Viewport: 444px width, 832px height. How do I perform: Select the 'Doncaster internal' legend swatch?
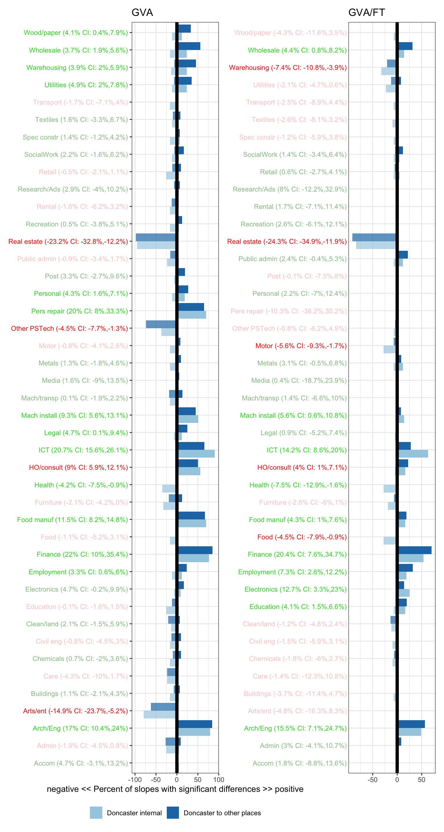(x=96, y=813)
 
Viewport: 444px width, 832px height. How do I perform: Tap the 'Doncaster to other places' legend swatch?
(x=173, y=813)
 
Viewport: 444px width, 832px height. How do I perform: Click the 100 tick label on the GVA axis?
(x=219, y=779)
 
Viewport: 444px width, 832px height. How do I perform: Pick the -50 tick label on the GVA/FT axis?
(x=372, y=779)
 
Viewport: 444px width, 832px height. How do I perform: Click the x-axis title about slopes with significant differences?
(x=175, y=789)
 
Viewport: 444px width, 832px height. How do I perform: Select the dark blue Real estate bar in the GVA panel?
(x=156, y=237)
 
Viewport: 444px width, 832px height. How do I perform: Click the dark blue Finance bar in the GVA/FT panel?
(x=415, y=550)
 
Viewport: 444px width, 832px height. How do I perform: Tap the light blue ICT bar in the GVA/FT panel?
(x=413, y=454)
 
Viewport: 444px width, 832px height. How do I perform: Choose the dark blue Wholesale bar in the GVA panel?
(x=189, y=46)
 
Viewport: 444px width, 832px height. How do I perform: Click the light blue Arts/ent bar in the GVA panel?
(x=160, y=715)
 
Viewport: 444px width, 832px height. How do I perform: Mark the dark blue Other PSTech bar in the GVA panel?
(x=161, y=324)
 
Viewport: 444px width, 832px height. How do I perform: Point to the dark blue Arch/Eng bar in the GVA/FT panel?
(x=411, y=724)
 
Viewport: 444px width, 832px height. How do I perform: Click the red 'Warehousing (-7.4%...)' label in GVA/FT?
(x=288, y=68)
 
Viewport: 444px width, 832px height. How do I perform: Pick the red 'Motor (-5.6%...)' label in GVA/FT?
(x=301, y=346)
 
